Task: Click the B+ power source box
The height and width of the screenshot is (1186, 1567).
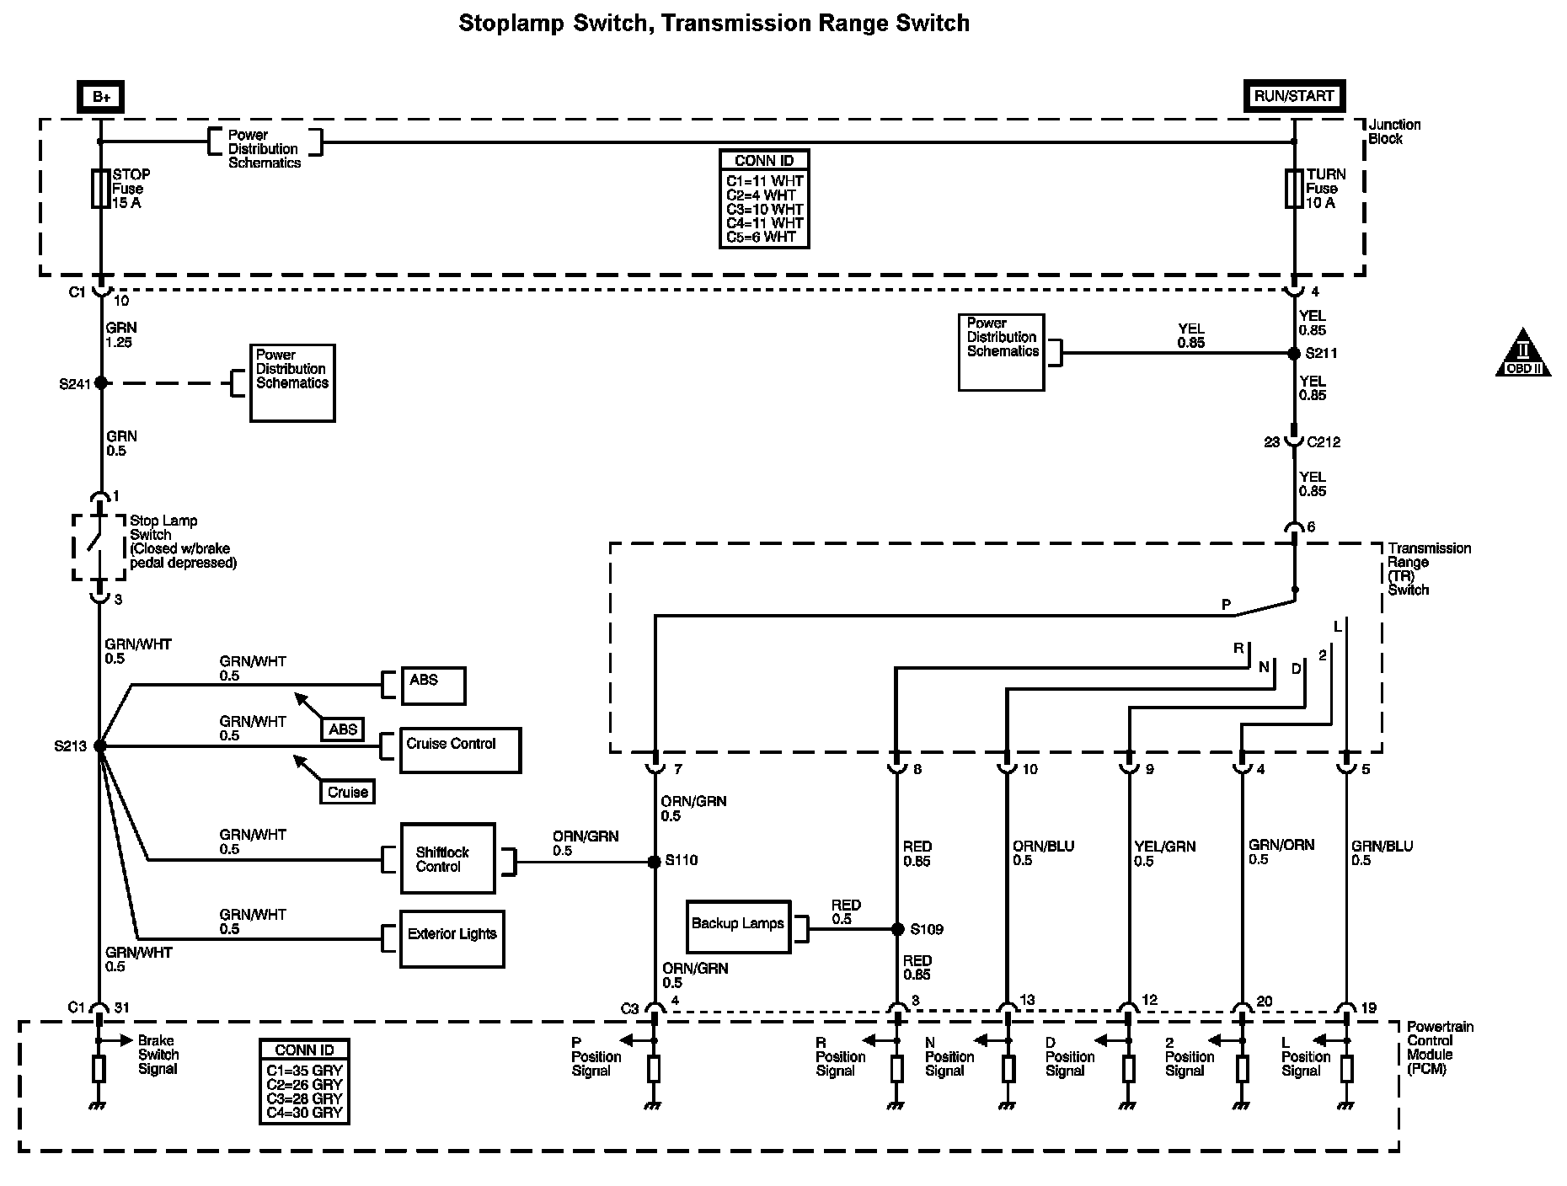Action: [101, 97]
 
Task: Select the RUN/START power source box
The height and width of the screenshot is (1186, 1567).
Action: [1293, 96]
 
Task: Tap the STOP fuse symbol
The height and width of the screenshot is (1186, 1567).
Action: [100, 189]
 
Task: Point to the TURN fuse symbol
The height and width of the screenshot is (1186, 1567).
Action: [1294, 189]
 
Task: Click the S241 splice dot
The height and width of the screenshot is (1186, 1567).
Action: [101, 382]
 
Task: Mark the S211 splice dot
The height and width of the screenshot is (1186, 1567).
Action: [1295, 354]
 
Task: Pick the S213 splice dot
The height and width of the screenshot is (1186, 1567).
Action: [100, 745]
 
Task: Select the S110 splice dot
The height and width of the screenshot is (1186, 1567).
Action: [654, 862]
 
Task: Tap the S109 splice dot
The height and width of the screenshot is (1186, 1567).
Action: [896, 929]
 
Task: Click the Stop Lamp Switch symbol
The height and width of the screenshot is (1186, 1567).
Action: [99, 546]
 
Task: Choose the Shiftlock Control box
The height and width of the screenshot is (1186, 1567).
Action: [447, 859]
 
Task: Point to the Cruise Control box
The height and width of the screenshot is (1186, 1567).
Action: [460, 750]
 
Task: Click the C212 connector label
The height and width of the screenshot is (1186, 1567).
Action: [1323, 441]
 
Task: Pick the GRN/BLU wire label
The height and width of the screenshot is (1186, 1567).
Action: [1382, 847]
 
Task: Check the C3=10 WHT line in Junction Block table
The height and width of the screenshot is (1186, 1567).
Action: [764, 209]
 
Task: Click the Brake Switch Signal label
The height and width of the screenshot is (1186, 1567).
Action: [158, 1055]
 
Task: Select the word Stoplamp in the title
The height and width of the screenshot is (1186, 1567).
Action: [511, 23]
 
